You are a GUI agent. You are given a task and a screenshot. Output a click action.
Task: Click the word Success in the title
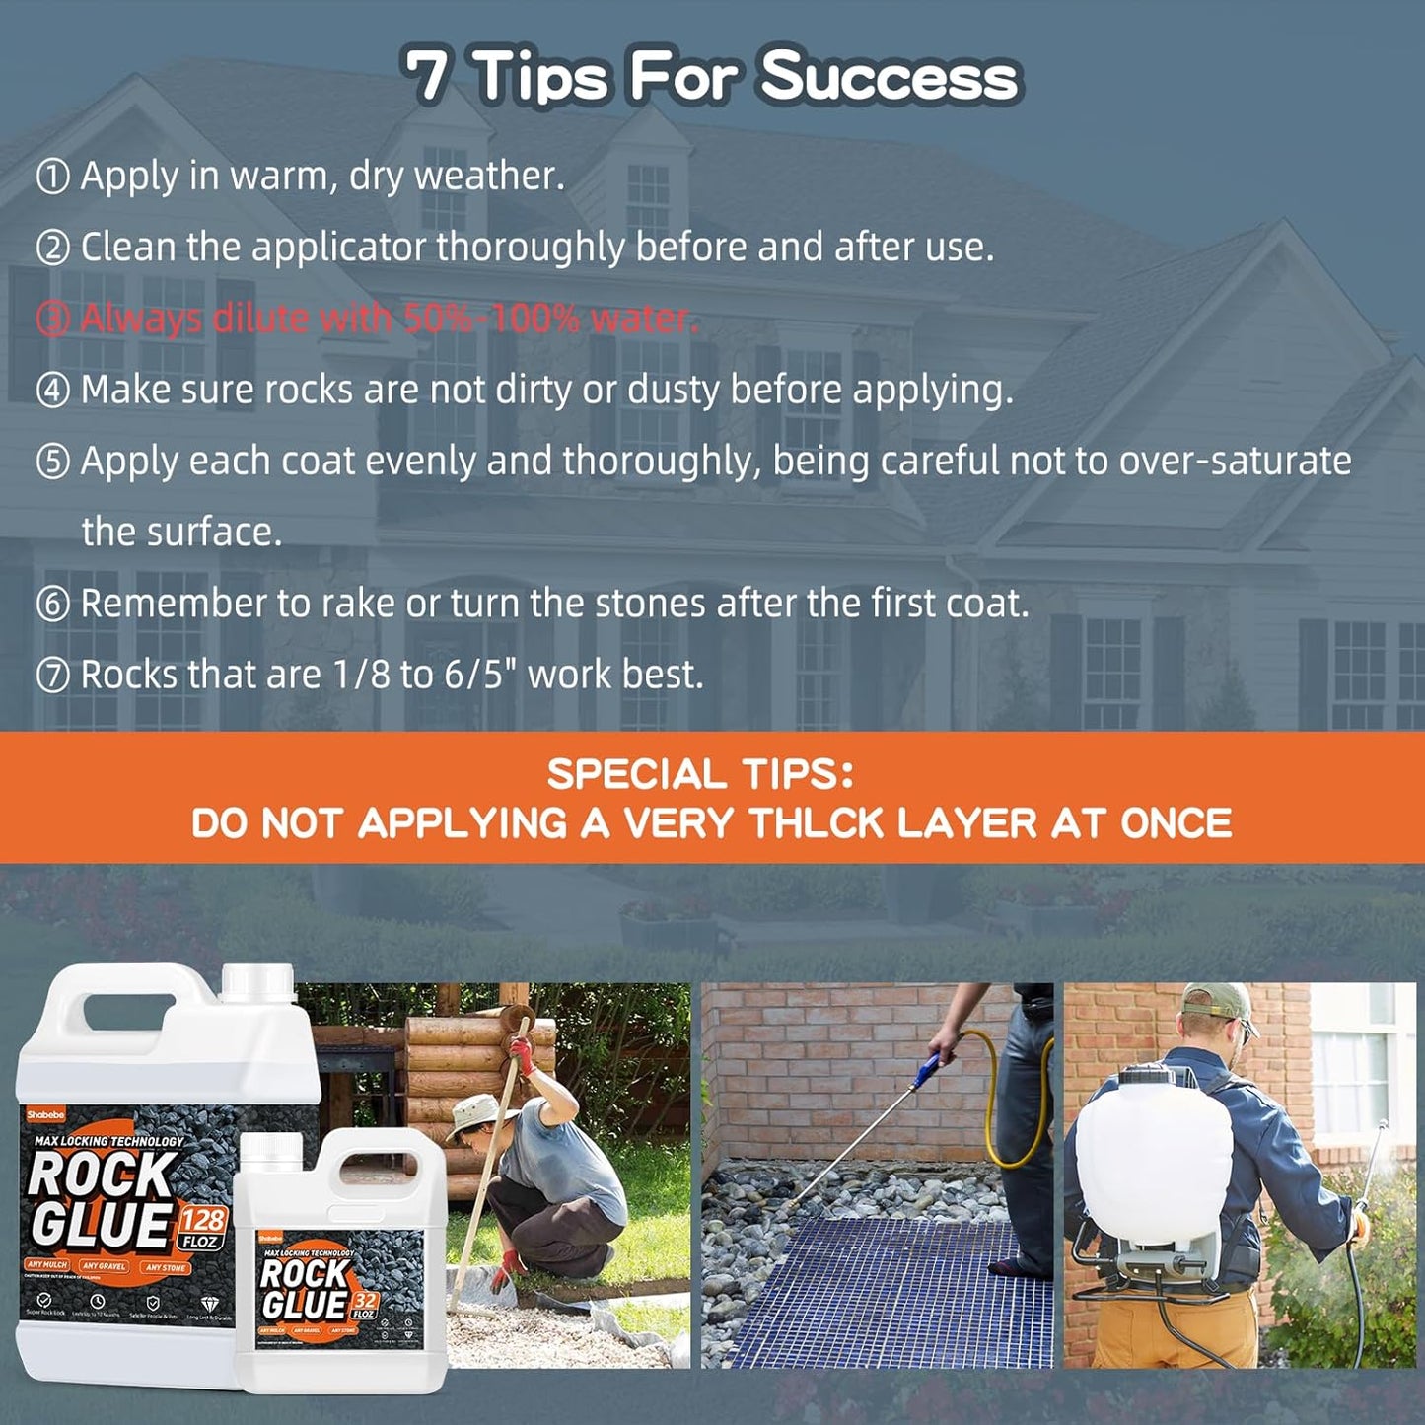pos(890,77)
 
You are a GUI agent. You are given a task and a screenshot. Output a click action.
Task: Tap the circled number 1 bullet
pos(52,178)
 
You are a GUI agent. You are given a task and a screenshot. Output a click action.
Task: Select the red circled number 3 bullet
pos(52,320)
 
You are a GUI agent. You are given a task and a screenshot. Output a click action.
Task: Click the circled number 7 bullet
pos(52,677)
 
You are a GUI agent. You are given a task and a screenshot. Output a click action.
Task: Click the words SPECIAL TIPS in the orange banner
pos(700,774)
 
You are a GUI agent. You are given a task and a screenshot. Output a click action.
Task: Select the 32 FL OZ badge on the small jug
pos(364,1306)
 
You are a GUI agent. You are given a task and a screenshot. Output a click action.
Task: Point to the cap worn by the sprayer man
pos(1219,1006)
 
